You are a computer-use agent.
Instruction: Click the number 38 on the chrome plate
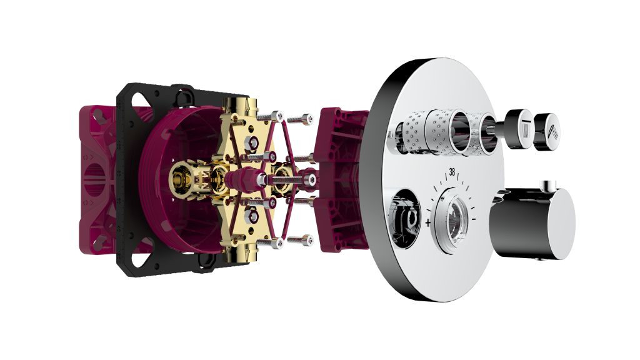click(x=452, y=172)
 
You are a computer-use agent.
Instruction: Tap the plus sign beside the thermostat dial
click(x=427, y=222)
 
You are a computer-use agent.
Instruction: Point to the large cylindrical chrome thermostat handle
click(x=532, y=222)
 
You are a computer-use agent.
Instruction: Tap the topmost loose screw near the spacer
click(x=300, y=119)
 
